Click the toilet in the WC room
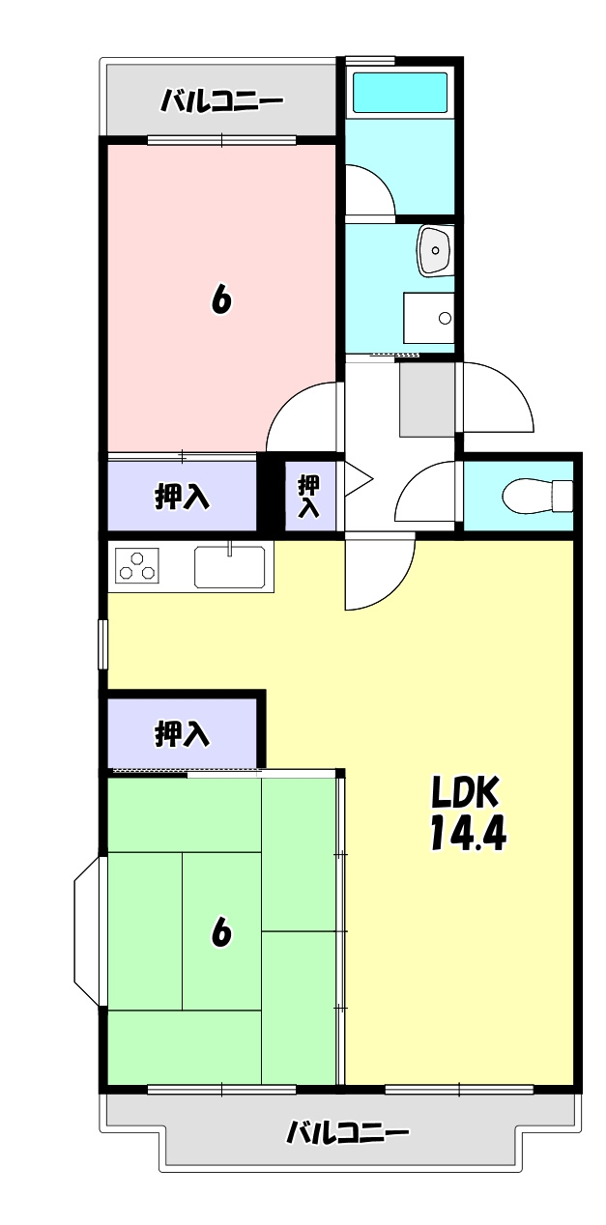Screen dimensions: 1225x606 click(x=537, y=496)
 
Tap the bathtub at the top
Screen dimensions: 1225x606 click(x=399, y=92)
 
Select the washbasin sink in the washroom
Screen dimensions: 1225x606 click(x=434, y=250)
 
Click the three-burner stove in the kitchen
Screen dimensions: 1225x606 click(x=136, y=565)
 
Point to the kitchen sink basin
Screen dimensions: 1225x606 click(x=229, y=566)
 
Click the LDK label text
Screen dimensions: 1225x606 click(x=464, y=793)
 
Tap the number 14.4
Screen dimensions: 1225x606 click(x=468, y=833)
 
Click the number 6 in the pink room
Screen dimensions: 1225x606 click(x=221, y=301)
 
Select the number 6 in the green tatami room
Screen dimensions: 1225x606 click(x=221, y=933)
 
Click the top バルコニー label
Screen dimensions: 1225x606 click(x=221, y=100)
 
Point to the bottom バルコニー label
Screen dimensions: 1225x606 click(x=348, y=1132)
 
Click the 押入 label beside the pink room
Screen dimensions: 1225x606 click(x=182, y=497)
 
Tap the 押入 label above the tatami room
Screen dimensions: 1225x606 click(x=182, y=734)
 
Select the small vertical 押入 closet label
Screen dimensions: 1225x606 click(x=309, y=496)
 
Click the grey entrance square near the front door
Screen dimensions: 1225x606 click(x=426, y=398)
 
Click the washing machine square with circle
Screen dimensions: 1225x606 click(x=428, y=317)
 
